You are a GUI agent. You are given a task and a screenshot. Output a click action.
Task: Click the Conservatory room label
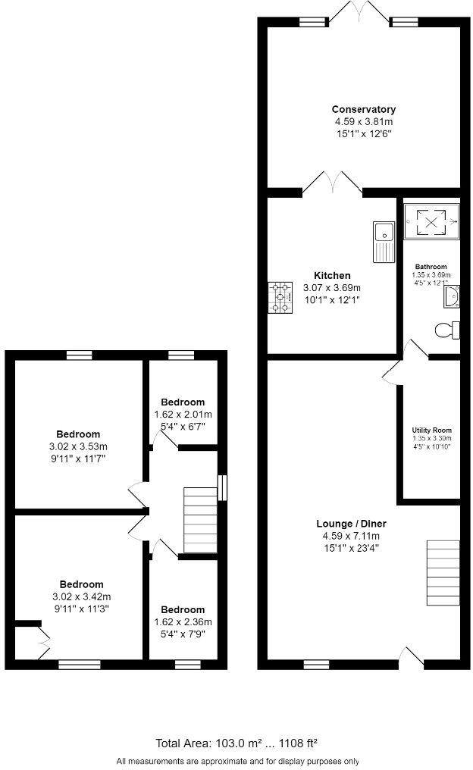363,110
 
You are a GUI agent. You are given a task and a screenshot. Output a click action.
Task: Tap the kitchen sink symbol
381,239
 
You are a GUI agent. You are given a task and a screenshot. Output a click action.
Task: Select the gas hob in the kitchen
280,297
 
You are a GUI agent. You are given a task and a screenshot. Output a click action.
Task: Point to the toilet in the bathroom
446,330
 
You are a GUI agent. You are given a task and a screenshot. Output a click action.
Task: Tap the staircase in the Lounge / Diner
443,572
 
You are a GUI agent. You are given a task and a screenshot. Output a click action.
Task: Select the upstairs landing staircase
200,520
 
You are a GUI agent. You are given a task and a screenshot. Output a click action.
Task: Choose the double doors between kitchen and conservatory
332,182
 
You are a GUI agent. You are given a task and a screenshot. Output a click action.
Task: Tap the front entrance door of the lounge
413,658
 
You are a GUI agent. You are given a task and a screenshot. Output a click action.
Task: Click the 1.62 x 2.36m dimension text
183,621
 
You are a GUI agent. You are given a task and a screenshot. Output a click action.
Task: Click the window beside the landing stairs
222,487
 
